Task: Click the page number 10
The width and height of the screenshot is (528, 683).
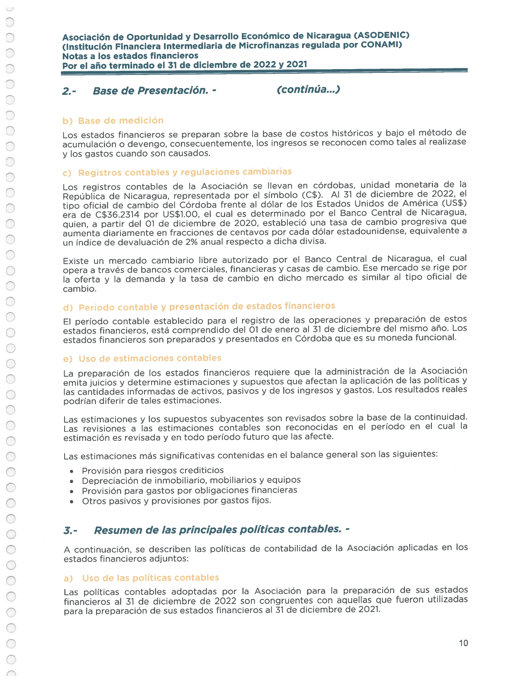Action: pyautogui.click(x=463, y=643)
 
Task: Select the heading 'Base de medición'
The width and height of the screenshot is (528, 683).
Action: pyautogui.click(x=121, y=120)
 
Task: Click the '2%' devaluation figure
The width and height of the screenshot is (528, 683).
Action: pyautogui.click(x=191, y=242)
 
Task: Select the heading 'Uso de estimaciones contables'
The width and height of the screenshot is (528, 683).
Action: pyautogui.click(x=150, y=358)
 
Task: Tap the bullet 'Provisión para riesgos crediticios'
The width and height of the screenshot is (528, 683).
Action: pyautogui.click(x=153, y=470)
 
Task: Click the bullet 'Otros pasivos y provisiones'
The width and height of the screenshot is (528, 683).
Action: pyautogui.click(x=176, y=500)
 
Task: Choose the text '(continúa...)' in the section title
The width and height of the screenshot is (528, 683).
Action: pyautogui.click(x=309, y=89)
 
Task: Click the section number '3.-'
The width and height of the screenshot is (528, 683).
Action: pyautogui.click(x=70, y=531)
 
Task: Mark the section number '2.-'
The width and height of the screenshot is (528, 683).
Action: pyautogui.click(x=69, y=91)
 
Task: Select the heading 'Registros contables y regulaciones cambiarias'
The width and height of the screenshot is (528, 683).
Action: pyautogui.click(x=185, y=172)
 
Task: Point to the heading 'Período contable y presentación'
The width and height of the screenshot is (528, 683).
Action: pyautogui.click(x=207, y=307)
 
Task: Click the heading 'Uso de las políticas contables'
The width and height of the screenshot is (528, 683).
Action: pyautogui.click(x=150, y=578)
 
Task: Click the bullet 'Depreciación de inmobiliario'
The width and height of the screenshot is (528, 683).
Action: pyautogui.click(x=191, y=480)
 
